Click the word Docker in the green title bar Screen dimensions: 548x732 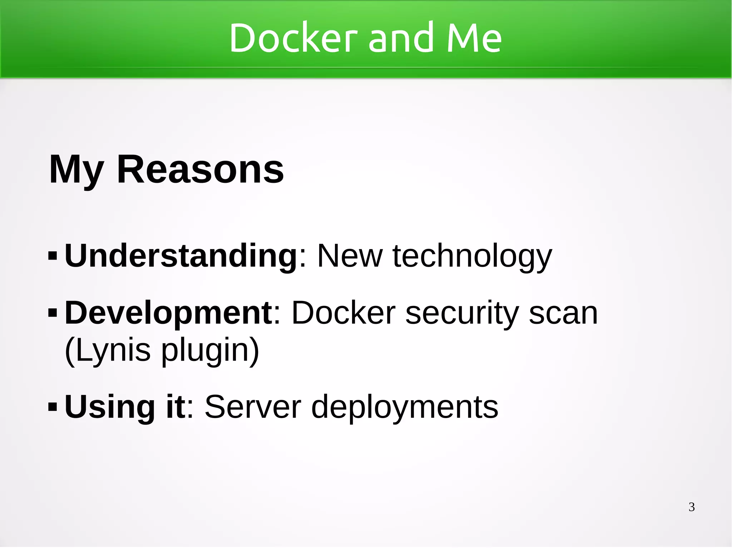click(293, 38)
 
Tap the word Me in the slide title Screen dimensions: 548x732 click(474, 38)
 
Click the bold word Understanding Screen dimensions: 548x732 click(180, 256)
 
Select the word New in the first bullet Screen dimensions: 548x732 click(350, 256)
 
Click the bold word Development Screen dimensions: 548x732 click(168, 313)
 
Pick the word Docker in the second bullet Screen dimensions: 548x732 click(343, 313)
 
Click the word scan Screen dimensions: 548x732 click(563, 313)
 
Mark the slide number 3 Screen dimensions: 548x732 click(692, 507)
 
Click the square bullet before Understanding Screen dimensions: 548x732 click(52, 256)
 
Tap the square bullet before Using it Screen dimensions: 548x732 click(52, 407)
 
